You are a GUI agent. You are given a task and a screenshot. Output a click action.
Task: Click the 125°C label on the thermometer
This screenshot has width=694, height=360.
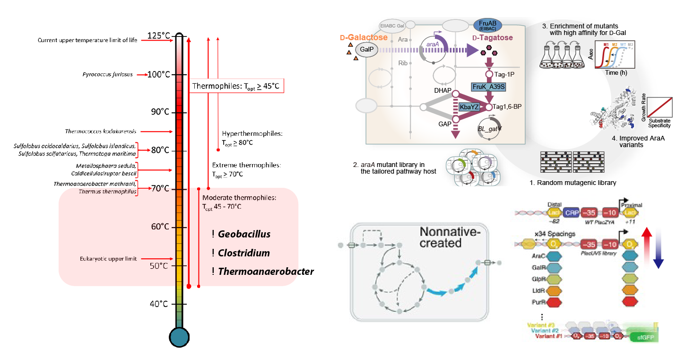159,36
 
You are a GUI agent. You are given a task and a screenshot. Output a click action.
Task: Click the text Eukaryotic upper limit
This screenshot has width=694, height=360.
109,259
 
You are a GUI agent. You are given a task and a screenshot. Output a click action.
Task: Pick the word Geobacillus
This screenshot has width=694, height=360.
244,234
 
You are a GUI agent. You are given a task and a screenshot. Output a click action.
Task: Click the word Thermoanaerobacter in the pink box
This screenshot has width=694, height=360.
266,272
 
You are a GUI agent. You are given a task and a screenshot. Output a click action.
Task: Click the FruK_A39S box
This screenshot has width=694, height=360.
488,87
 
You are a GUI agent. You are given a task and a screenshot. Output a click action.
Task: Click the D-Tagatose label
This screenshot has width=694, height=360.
493,37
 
